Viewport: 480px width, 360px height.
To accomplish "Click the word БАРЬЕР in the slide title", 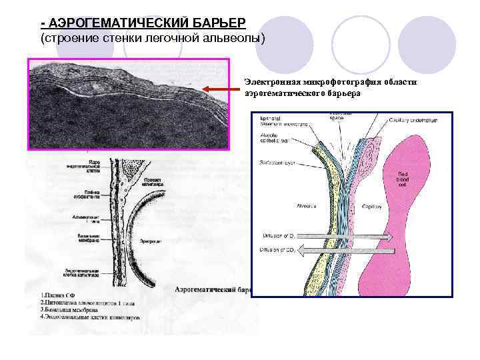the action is (209, 24).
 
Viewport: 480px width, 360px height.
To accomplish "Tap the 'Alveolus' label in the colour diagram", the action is (308, 206).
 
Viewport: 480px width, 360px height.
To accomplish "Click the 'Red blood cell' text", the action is (407, 179).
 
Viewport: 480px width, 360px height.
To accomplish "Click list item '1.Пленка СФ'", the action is (59, 294).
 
